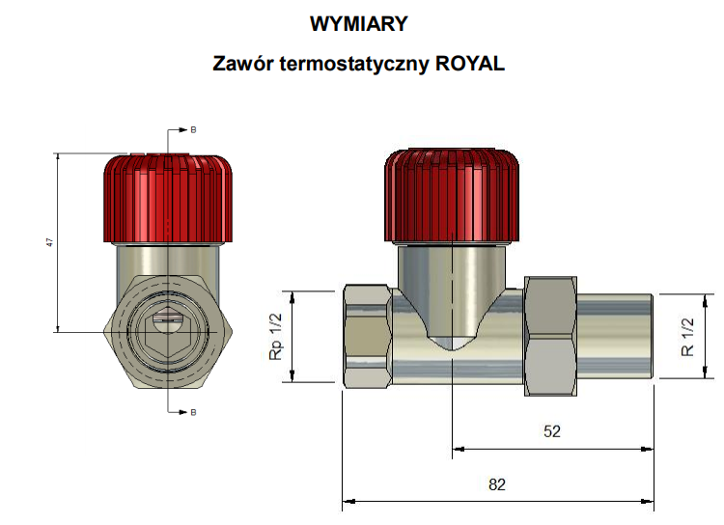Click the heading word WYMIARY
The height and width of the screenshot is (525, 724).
pos(359,22)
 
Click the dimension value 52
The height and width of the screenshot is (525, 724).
pos(552,431)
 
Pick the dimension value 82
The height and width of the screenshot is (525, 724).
pos(496,484)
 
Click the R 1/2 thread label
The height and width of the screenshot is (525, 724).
pos(687,336)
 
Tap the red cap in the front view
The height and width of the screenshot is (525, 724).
pos(170,198)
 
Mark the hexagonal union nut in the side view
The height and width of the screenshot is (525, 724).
pos(550,335)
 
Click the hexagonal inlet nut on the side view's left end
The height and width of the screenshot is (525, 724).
pos(368,336)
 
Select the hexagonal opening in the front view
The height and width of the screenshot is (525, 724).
pos(168,327)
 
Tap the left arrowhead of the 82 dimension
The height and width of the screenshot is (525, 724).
pos(348,501)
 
